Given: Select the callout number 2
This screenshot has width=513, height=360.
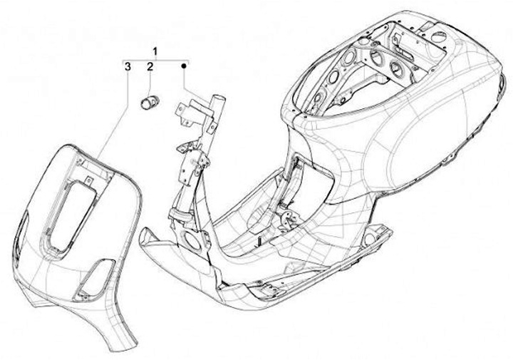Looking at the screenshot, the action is [150, 67].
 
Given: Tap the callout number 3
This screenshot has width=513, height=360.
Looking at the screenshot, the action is [127, 67].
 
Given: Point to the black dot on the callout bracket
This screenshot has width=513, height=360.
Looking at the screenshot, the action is [185, 66].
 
